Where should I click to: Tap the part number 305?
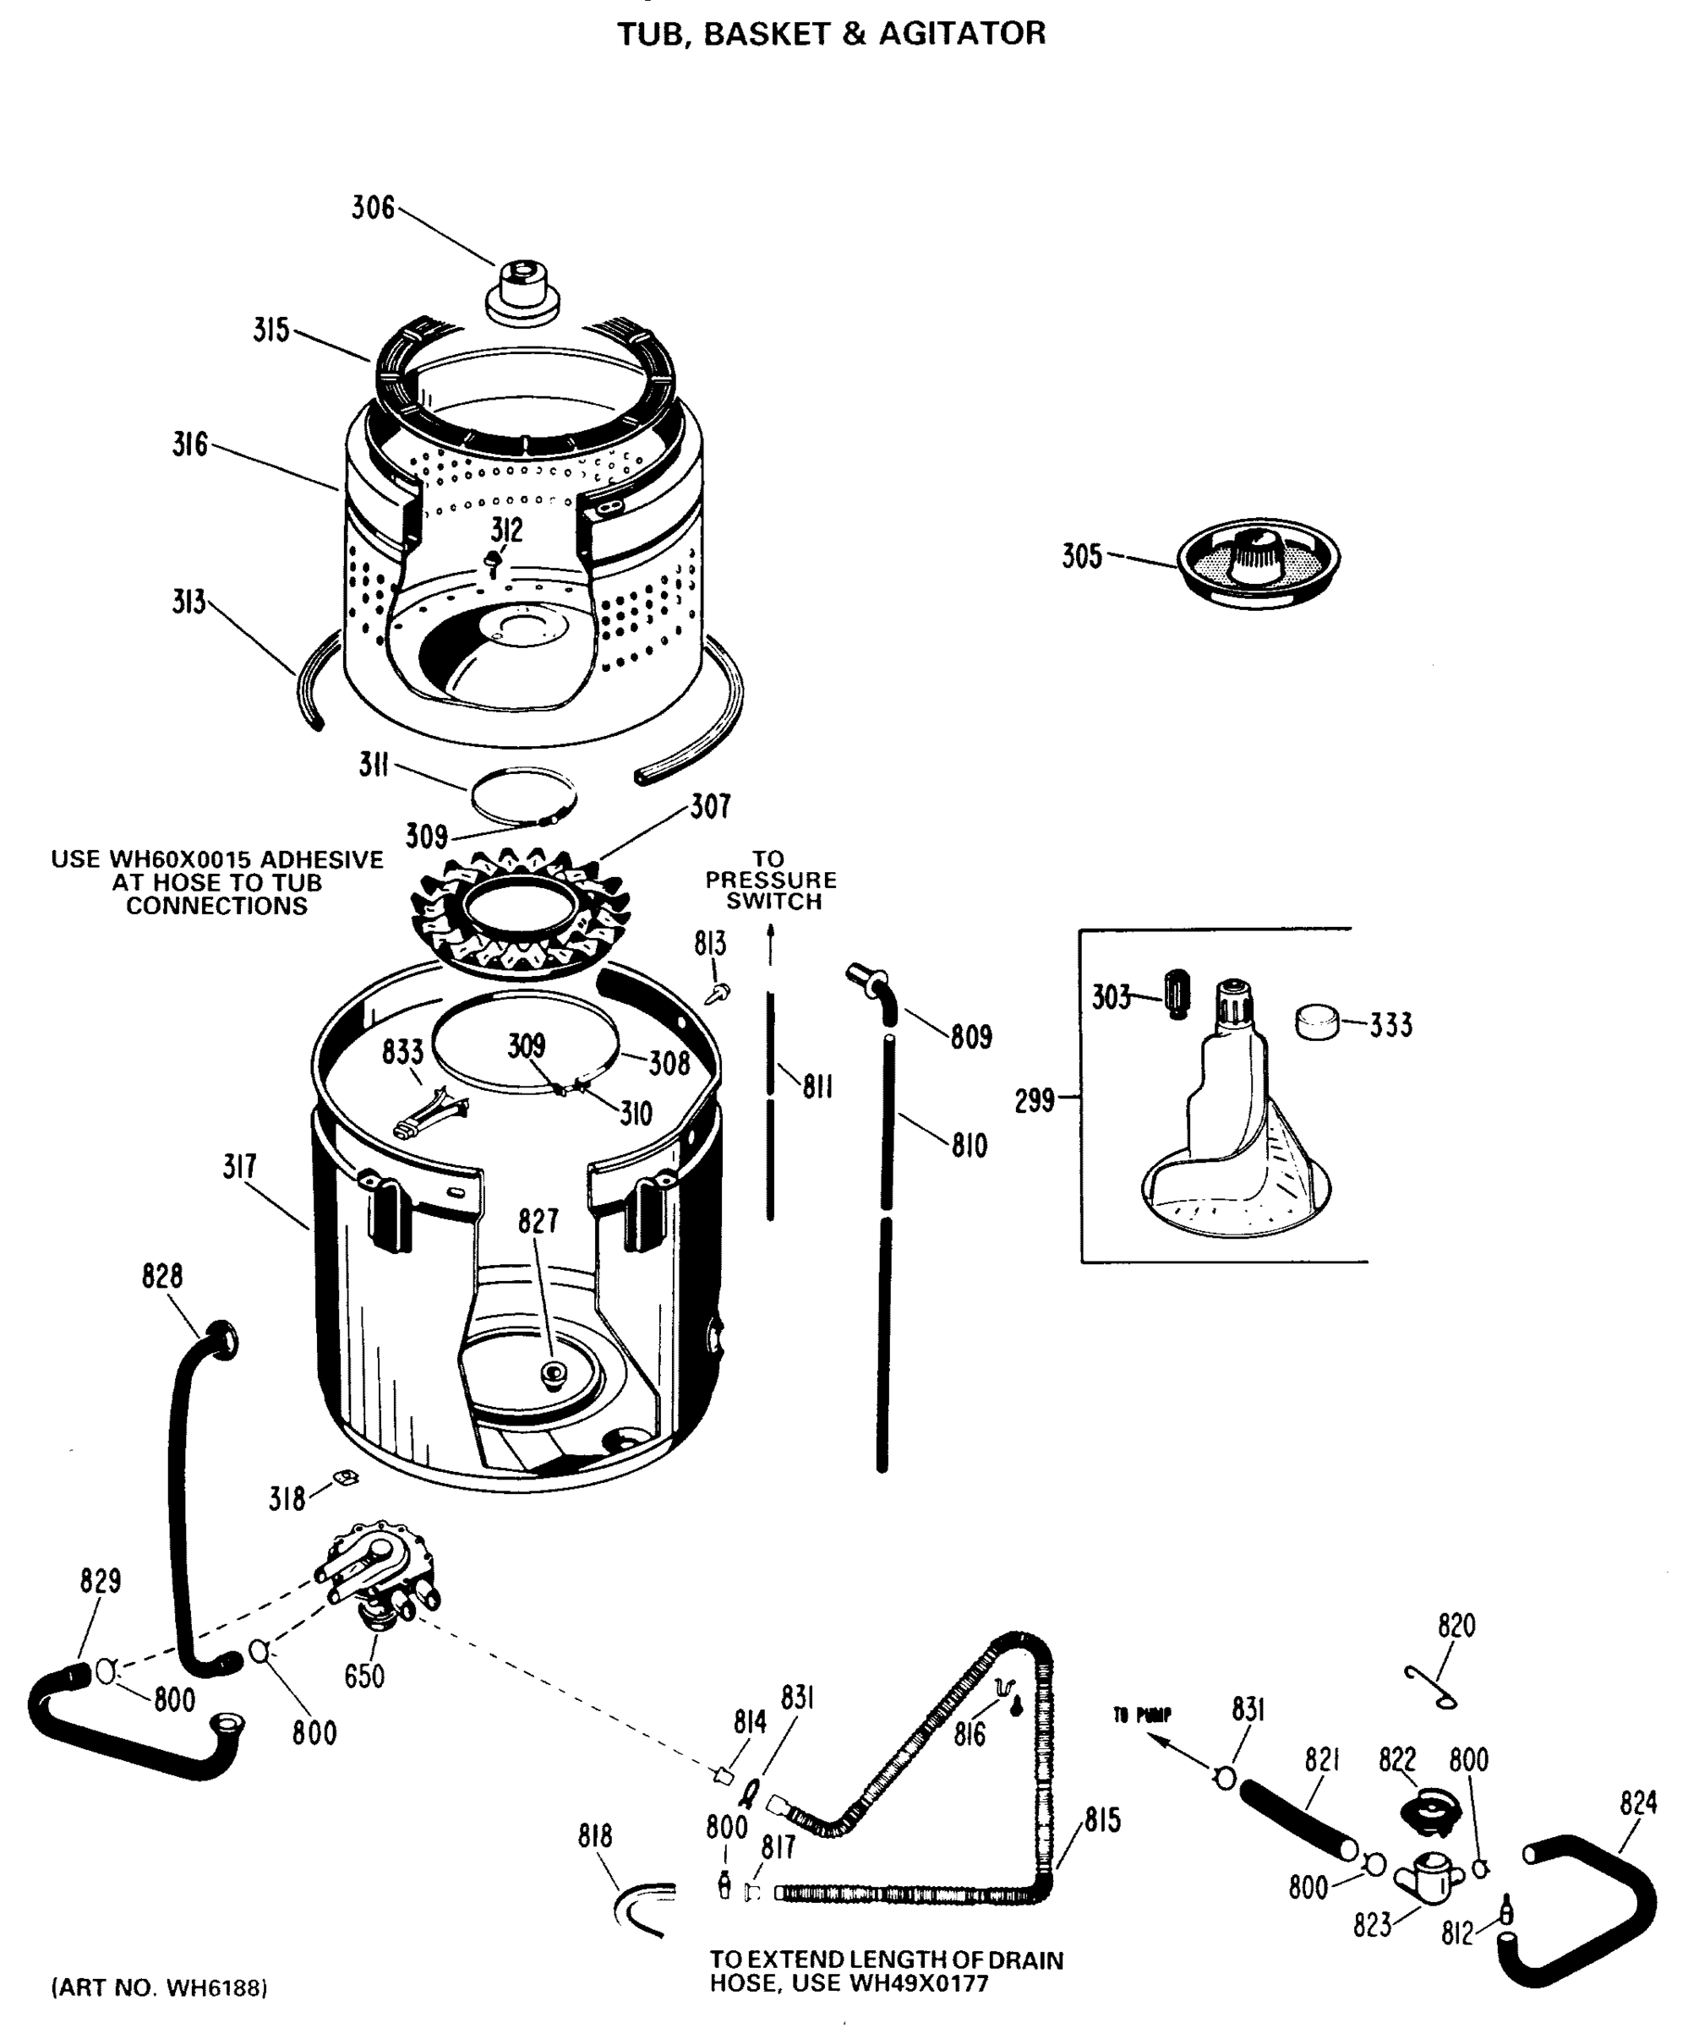[x=1081, y=556]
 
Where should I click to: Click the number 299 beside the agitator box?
[x=1035, y=1100]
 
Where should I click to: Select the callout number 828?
[x=161, y=1276]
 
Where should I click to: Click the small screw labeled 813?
[x=719, y=993]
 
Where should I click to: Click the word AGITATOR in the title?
[x=961, y=34]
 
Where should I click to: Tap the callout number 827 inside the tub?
[x=537, y=1222]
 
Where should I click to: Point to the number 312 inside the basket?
[x=506, y=529]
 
